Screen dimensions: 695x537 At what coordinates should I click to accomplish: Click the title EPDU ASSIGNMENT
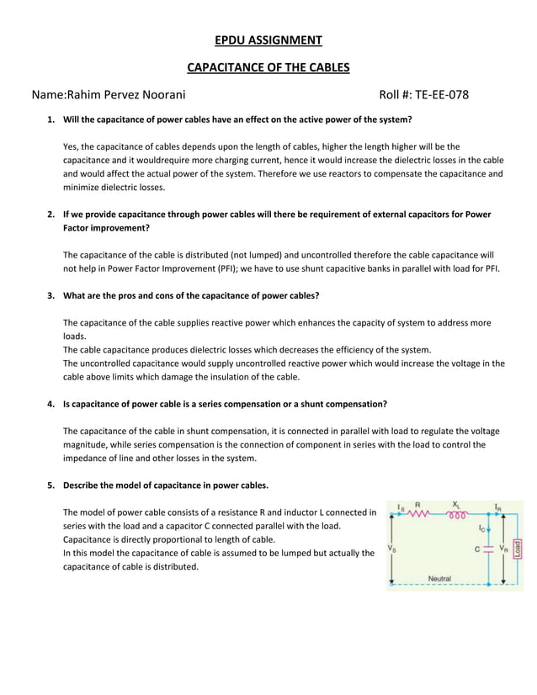(268, 40)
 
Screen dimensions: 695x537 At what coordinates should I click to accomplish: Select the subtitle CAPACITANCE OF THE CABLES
(268, 66)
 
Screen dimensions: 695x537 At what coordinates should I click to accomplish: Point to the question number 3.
(51, 295)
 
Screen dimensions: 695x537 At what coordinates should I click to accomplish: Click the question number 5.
(51, 485)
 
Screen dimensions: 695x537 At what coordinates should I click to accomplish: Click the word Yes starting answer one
(71, 146)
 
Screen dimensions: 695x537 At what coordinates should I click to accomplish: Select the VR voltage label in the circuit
(503, 548)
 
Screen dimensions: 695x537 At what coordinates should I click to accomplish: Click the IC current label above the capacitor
(482, 528)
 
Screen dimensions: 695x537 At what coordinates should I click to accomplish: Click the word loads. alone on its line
(75, 336)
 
